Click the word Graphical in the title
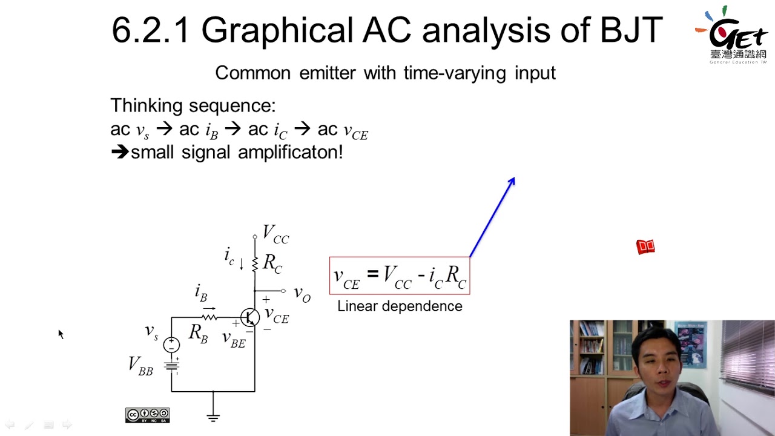277,30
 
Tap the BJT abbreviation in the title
631,30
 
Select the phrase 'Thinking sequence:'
193,106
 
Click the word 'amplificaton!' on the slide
290,152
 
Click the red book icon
645,246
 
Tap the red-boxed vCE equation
400,276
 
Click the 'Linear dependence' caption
400,306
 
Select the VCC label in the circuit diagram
275,234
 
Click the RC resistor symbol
255,263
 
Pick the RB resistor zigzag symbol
209,316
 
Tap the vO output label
302,294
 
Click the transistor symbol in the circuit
249,317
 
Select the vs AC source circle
171,345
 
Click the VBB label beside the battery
140,365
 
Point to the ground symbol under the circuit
213,416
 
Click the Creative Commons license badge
147,415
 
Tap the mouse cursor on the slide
61,334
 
